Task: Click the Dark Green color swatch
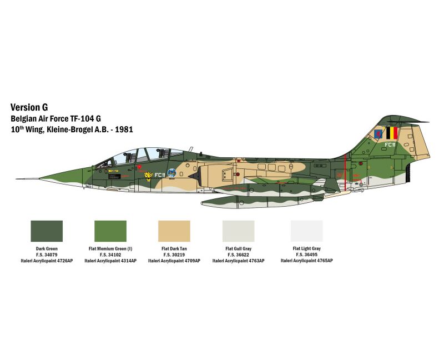click(47, 231)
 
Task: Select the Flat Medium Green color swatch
click(110, 231)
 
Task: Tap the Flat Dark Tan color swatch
click(174, 231)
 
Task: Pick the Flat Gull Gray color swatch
click(239, 231)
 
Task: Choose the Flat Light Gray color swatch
click(307, 231)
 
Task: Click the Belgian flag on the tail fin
click(392, 133)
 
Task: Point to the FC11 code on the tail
click(390, 144)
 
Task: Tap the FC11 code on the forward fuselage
click(160, 175)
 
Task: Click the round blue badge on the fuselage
click(171, 173)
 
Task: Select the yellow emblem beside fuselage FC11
click(148, 176)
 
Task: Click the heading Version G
click(29, 107)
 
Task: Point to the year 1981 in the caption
click(124, 129)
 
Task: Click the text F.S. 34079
click(47, 255)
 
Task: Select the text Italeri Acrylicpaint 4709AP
click(174, 261)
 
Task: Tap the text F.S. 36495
click(307, 255)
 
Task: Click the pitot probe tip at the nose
click(16, 179)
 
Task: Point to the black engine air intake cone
click(194, 176)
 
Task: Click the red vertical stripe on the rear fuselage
click(346, 172)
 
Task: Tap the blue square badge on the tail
click(379, 133)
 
